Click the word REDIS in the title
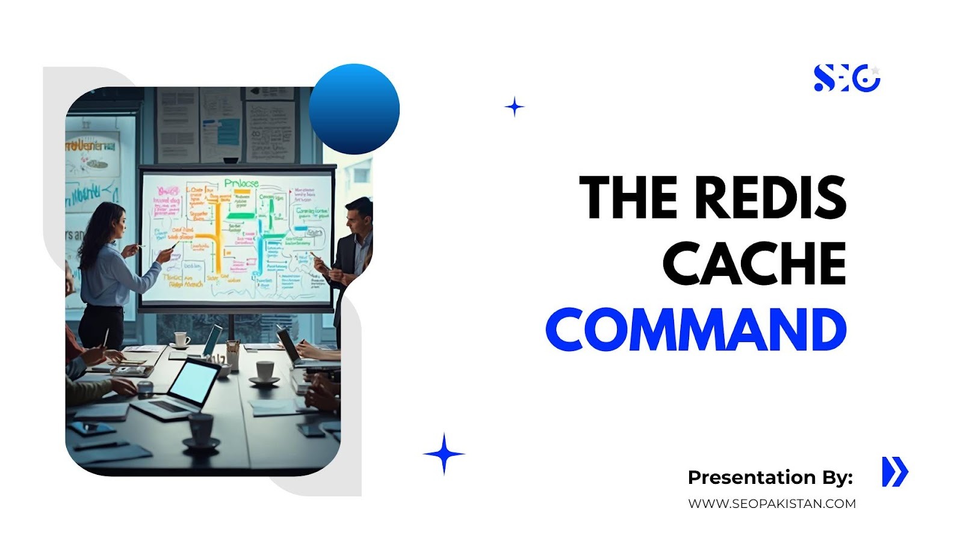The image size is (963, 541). pos(771,197)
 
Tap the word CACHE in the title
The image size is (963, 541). pos(755,263)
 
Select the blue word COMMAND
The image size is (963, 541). pos(696,329)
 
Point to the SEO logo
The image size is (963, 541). pos(846,78)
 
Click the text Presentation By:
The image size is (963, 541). pos(770,477)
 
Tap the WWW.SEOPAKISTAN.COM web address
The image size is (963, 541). pos(772,504)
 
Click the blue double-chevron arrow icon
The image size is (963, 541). pos(894,472)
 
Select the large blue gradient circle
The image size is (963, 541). pos(354,109)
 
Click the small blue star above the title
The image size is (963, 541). pos(514,107)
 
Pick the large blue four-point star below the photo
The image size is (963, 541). pos(444,454)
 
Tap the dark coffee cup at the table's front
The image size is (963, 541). pos(200,428)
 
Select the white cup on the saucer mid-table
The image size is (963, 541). pos(265,371)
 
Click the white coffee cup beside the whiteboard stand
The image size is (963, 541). pos(181,340)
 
